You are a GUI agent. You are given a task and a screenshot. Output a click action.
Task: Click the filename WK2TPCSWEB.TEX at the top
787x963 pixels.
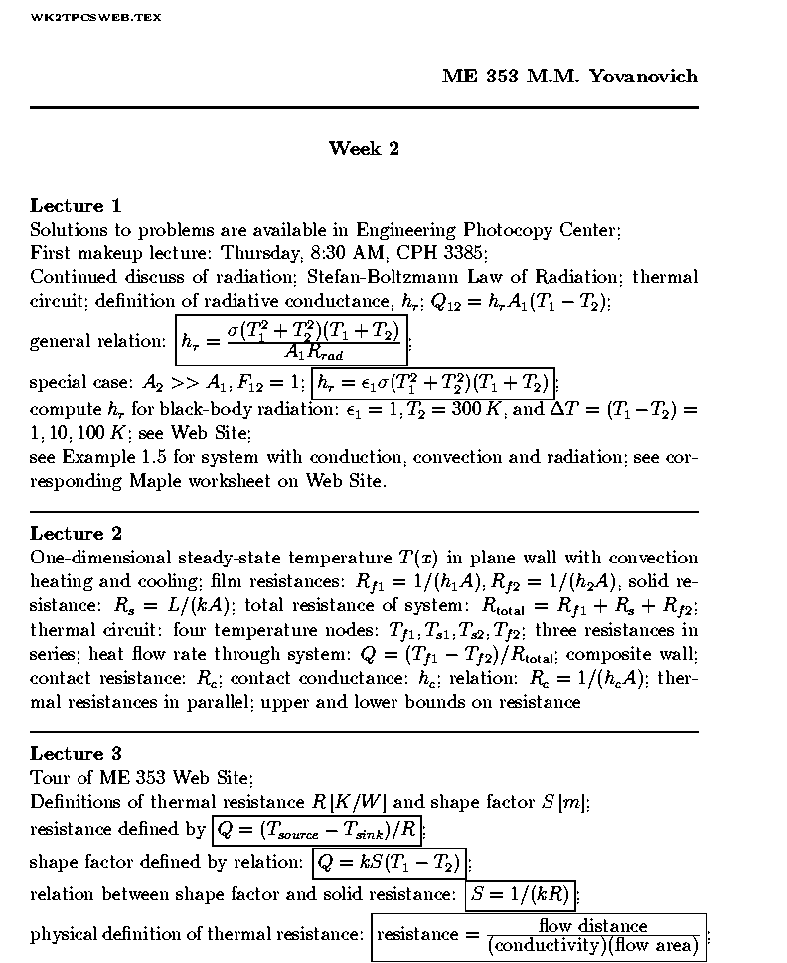[x=95, y=18]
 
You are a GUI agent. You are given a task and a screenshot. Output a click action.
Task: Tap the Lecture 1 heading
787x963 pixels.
[x=76, y=206]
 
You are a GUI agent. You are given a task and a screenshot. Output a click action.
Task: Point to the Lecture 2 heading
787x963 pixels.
[x=76, y=534]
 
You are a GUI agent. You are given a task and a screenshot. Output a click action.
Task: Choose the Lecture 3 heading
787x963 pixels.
[x=76, y=754]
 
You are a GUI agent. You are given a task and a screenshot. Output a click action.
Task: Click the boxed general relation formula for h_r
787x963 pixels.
[x=292, y=340]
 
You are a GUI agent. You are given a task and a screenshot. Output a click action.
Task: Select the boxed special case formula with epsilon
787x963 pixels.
[x=432, y=383]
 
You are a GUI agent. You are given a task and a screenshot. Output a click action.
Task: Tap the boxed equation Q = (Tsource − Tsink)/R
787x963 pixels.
[x=317, y=829]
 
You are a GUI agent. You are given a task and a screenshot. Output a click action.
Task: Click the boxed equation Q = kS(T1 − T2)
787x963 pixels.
[x=389, y=862]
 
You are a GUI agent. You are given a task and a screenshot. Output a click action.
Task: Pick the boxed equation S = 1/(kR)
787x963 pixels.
[x=521, y=895]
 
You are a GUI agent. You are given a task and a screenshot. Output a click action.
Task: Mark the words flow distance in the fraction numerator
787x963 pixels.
[x=592, y=925]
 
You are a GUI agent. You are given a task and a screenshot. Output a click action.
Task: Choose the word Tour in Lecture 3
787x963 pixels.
[x=51, y=778]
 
